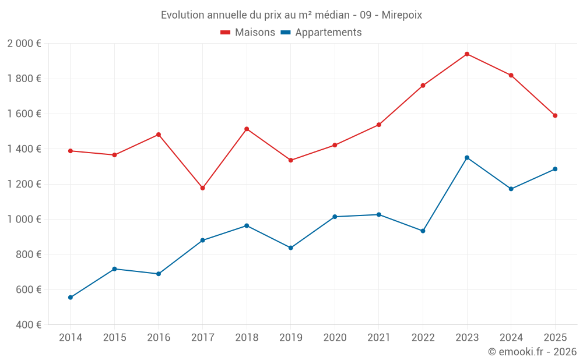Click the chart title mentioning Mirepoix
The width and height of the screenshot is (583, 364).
291,15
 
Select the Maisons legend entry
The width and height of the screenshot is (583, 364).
248,33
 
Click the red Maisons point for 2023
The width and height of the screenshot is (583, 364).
467,54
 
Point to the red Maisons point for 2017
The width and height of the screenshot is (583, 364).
202,188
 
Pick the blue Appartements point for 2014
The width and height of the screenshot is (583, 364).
71,298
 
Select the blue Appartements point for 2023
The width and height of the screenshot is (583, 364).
467,158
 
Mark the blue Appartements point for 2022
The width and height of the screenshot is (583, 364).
423,231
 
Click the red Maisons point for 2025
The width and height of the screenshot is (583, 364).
555,115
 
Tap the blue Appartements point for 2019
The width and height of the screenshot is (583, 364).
291,248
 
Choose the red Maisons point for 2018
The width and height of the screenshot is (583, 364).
247,129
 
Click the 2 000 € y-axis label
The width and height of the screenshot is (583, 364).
24,44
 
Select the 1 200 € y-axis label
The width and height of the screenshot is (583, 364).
24,184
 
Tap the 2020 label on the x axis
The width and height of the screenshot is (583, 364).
335,338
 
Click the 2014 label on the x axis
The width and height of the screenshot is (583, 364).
71,338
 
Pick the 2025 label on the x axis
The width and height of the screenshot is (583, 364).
555,338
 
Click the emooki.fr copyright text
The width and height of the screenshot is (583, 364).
532,352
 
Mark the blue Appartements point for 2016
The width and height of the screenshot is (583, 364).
159,274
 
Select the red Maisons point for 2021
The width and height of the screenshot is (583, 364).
379,125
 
